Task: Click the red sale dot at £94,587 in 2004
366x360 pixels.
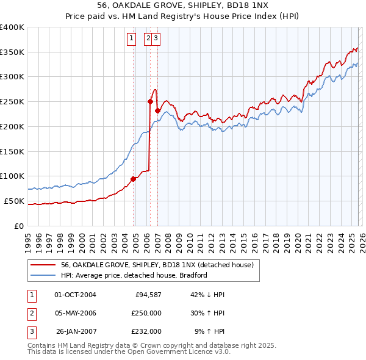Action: coord(133,179)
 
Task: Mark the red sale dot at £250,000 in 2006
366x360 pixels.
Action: coord(150,102)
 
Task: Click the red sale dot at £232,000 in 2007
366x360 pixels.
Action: coord(157,110)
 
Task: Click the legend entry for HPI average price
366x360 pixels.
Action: coord(134,275)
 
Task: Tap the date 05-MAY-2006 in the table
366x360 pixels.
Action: coord(75,313)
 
